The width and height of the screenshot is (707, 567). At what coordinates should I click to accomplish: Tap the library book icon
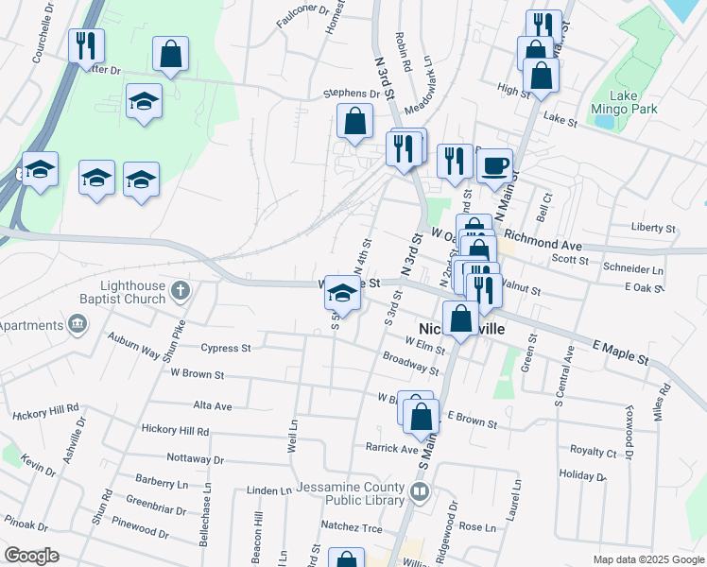pos(420,492)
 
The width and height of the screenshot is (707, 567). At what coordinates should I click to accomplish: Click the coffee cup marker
pos(494,167)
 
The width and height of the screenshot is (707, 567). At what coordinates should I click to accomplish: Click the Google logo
pos(32,556)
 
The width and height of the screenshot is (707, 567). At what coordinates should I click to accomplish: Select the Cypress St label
pos(225,348)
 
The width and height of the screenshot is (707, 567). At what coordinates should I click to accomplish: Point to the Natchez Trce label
pos(352,528)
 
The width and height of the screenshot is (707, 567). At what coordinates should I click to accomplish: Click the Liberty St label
pos(653,229)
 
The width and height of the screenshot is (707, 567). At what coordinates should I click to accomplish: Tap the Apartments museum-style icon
pos(77,326)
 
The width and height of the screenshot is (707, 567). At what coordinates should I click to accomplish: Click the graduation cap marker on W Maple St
pos(341,293)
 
